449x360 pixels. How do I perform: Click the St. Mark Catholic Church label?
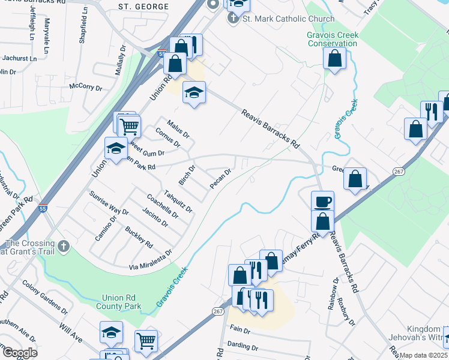coord(288,19)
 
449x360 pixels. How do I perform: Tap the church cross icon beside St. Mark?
coord(234,18)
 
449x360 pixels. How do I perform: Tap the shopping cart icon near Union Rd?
coord(129,127)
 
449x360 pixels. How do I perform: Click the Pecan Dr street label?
coord(220,179)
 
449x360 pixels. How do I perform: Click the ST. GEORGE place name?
coord(140,7)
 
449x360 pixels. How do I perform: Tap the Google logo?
coord(19,352)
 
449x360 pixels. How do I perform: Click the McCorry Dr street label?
coord(86,87)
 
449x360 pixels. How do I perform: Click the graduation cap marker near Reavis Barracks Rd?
coord(194,92)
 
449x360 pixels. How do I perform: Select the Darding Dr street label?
coord(243,347)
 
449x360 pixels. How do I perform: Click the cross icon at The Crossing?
coord(64,246)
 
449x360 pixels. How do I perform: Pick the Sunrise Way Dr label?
coord(109,203)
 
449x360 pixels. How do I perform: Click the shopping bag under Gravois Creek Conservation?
coord(334,58)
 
